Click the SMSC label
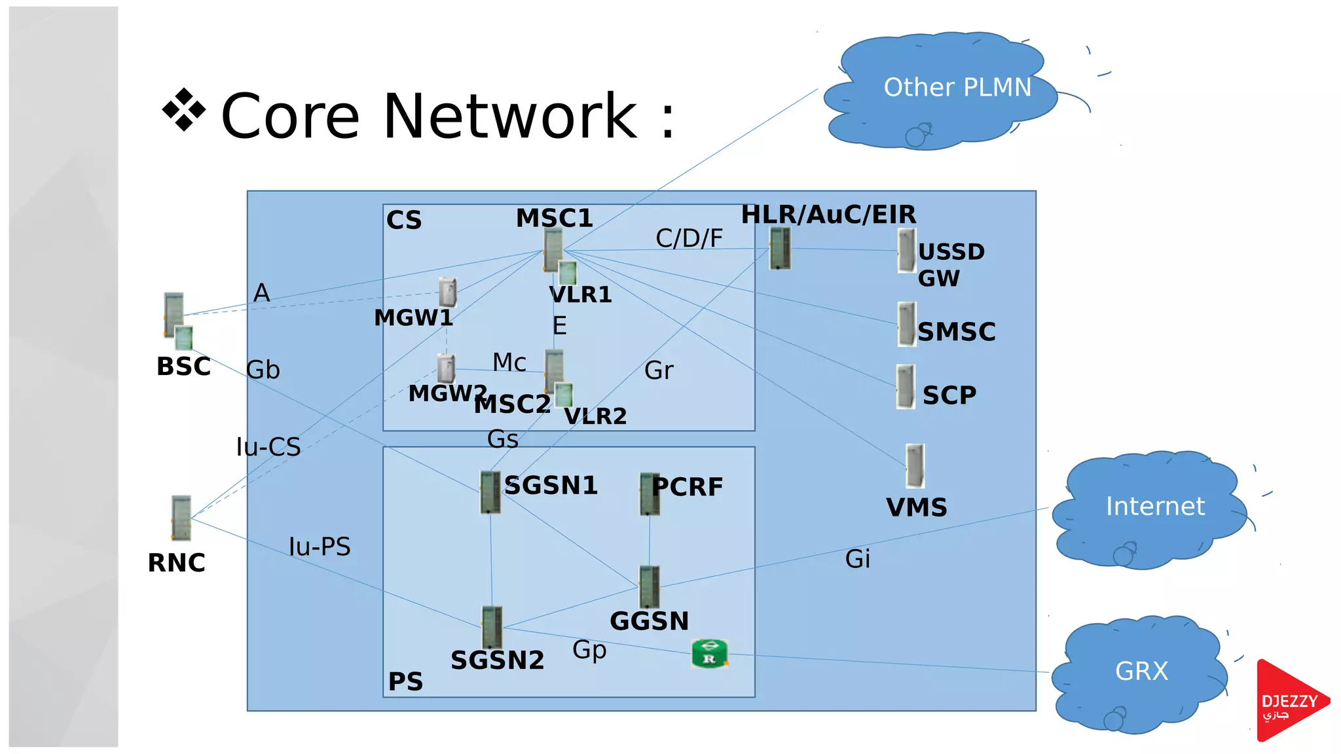tap(956, 332)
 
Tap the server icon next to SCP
tap(906, 387)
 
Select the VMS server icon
tap(915, 465)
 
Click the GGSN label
tap(649, 621)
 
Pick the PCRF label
tap(688, 487)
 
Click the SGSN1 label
tap(551, 486)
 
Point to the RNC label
tap(176, 563)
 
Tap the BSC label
tap(183, 367)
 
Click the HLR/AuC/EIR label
tap(828, 215)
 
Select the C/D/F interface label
tap(689, 239)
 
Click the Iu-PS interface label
tap(320, 547)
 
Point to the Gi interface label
tap(857, 559)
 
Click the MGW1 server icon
tap(447, 292)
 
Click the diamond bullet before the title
tap(184, 109)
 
